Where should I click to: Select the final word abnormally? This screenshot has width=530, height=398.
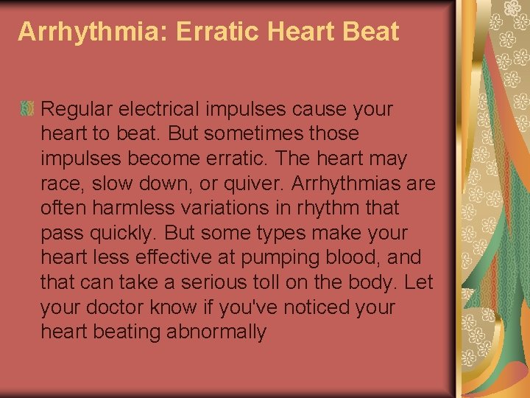[216, 332]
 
